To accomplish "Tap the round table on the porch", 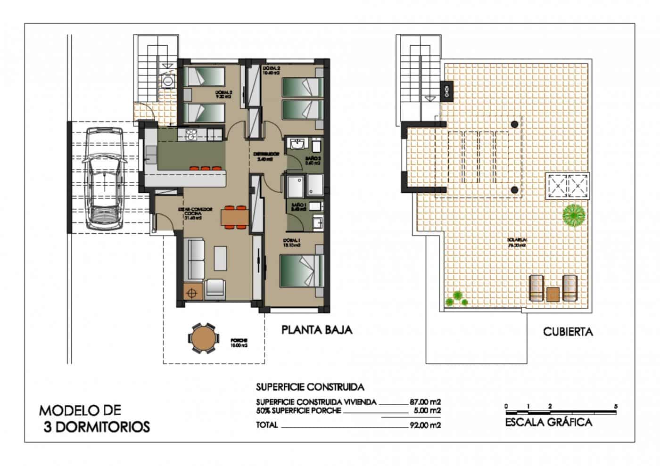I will click(x=203, y=337).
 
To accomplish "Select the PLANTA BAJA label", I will click(x=317, y=330).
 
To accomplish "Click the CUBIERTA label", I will click(x=568, y=332).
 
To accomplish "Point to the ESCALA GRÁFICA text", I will click(x=548, y=422).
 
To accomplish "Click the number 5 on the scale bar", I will click(x=616, y=406).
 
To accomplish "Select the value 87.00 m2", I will click(x=425, y=402).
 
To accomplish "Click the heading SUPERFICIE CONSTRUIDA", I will click(x=310, y=387).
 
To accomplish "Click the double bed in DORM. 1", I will click(x=301, y=270).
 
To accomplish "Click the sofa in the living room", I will click(x=196, y=259).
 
